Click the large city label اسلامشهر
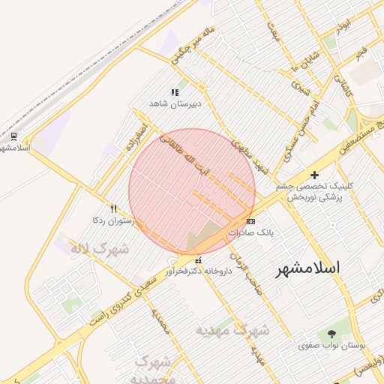tap(307, 268)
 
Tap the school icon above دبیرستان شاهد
tap(175, 92)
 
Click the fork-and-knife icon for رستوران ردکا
tap(113, 208)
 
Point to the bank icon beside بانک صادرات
tap(250, 221)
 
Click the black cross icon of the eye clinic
tap(314, 175)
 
